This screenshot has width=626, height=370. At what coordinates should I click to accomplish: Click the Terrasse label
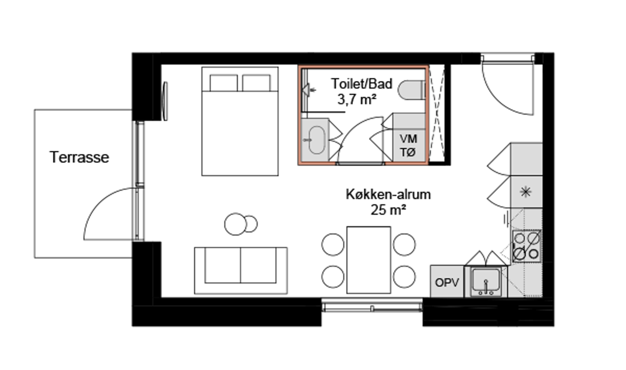coord(79,157)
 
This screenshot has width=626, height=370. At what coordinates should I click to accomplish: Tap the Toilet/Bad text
coord(362,84)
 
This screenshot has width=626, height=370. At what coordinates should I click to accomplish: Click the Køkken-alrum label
coord(388,194)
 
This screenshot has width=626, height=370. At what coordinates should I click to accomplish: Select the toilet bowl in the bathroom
coord(412,90)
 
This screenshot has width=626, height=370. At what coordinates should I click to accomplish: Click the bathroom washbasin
coord(316,140)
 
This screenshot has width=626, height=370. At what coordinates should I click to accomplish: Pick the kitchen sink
coord(486,282)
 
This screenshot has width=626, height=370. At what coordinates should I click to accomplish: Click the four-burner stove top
coord(527,246)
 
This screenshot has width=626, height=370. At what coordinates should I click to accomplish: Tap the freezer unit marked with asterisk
coord(526,192)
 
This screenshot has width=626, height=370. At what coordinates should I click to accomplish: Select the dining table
coord(369,260)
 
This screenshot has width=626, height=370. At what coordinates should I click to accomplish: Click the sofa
coord(241,270)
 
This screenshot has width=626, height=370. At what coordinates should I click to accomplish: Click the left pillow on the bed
coord(223,82)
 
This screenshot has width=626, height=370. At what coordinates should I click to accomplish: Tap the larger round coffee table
coord(234,224)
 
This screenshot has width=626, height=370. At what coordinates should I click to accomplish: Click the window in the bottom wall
coord(372,306)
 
